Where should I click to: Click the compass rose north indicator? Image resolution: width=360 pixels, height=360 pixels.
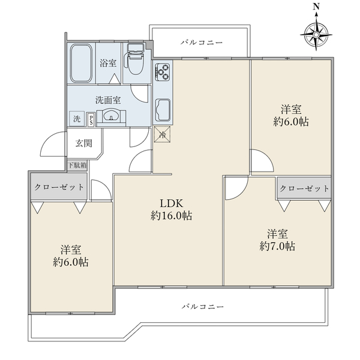[x=316, y=31]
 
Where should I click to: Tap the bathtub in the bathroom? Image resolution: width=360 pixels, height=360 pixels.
[x=81, y=63]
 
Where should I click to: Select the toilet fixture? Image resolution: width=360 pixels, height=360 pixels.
[x=135, y=59]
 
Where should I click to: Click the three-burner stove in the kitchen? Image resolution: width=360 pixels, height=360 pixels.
[x=163, y=70]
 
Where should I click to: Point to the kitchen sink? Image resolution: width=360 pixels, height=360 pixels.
[x=163, y=110]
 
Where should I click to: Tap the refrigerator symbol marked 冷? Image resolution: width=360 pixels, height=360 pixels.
[x=163, y=134]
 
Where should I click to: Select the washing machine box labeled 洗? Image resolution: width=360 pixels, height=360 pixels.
[x=77, y=119]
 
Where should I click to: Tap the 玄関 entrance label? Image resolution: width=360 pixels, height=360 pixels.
[x=84, y=143]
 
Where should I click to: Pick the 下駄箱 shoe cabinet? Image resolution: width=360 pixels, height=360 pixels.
[x=77, y=166]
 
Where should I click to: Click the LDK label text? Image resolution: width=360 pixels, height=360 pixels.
[x=172, y=203]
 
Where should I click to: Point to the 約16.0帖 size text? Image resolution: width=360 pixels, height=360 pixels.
[x=172, y=216]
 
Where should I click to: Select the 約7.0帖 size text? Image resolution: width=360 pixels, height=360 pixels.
[x=278, y=247]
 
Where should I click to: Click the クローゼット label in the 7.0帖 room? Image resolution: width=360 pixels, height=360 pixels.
[x=304, y=189]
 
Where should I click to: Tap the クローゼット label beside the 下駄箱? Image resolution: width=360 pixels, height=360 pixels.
[x=59, y=187]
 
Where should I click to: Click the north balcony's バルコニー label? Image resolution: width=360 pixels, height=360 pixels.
[x=202, y=43]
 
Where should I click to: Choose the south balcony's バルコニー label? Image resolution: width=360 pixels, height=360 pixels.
[x=203, y=306]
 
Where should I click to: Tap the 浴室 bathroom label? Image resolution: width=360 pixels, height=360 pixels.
[x=108, y=63]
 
